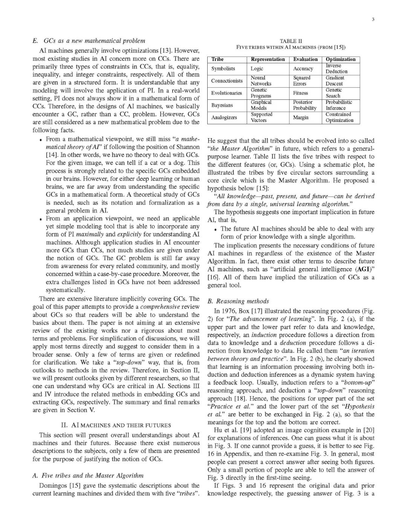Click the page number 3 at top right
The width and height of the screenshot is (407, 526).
click(372, 20)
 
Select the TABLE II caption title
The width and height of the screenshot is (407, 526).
click(291, 41)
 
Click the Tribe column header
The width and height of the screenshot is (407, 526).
click(217, 59)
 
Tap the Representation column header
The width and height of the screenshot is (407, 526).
click(268, 59)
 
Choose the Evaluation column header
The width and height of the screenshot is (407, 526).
click(305, 59)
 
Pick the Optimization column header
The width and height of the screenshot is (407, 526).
click(340, 59)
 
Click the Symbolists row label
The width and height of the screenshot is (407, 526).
click(223, 69)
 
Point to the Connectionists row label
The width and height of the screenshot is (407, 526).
click(227, 81)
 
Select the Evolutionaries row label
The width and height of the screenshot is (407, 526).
click(226, 93)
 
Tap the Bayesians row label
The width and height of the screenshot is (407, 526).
click(222, 105)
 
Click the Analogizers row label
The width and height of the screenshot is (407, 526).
click(224, 117)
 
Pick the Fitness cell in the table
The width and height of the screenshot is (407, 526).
click(301, 93)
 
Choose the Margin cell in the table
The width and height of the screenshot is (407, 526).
click(301, 117)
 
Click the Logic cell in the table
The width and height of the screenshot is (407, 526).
click(257, 69)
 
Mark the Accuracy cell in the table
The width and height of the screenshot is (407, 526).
click(303, 69)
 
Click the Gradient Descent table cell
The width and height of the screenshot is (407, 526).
click(335, 81)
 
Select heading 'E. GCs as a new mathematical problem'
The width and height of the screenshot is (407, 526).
click(89, 41)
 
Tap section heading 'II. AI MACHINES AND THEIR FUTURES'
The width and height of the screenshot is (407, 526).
click(116, 425)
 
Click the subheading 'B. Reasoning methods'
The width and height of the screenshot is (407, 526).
click(238, 301)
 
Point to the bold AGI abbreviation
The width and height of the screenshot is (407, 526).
click(360, 269)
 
